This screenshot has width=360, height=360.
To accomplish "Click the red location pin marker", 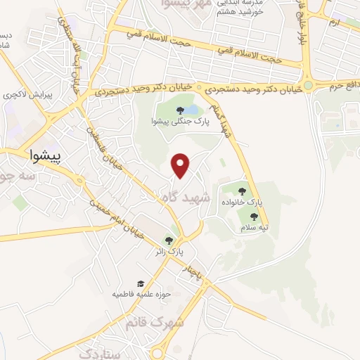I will coord(181,165).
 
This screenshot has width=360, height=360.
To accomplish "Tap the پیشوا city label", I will coord(46,154).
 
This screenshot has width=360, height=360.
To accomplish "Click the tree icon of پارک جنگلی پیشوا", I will coord(181,110).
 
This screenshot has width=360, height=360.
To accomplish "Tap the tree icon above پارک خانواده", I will coord(242,190).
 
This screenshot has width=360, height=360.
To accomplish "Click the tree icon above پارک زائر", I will coord(168,240).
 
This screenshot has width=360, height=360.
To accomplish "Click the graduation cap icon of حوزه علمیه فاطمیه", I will coord(141,283).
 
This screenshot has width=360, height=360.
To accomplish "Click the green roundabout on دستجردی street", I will coord(309,85).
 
